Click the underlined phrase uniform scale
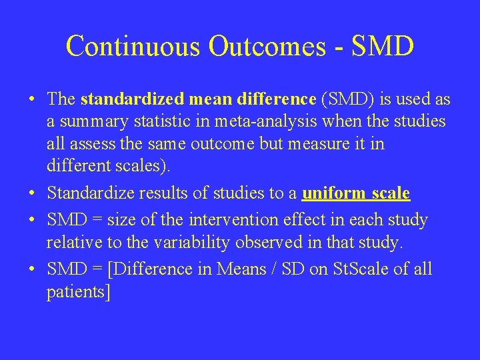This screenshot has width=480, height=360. tap(356, 194)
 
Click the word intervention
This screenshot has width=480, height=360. tap(231, 219)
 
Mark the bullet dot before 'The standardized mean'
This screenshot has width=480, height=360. tap(32, 100)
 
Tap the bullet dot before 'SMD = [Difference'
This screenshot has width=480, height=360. tap(32, 269)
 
